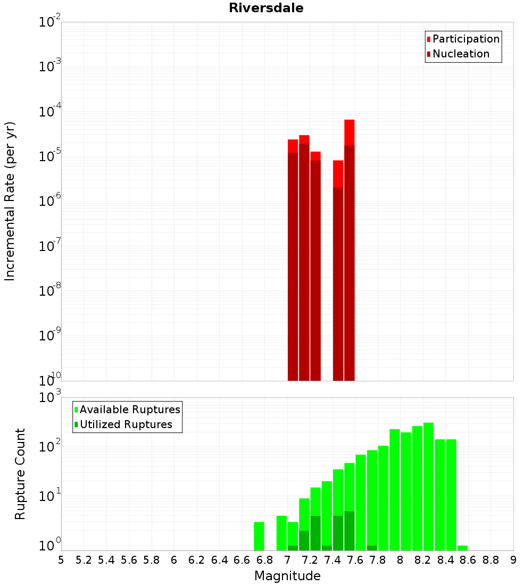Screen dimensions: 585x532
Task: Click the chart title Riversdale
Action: (266, 8)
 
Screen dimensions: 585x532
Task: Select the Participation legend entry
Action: (465, 39)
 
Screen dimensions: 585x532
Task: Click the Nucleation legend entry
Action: (460, 54)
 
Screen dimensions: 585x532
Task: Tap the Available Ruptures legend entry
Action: (129, 410)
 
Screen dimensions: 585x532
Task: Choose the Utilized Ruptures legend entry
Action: (126, 424)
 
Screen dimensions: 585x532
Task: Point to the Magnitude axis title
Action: (287, 576)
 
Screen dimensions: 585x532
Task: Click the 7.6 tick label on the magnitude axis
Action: (355, 560)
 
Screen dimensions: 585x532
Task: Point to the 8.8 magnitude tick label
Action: (491, 560)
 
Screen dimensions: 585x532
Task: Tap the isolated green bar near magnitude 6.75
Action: (259, 536)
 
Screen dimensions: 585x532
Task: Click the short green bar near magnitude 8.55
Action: (462, 548)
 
